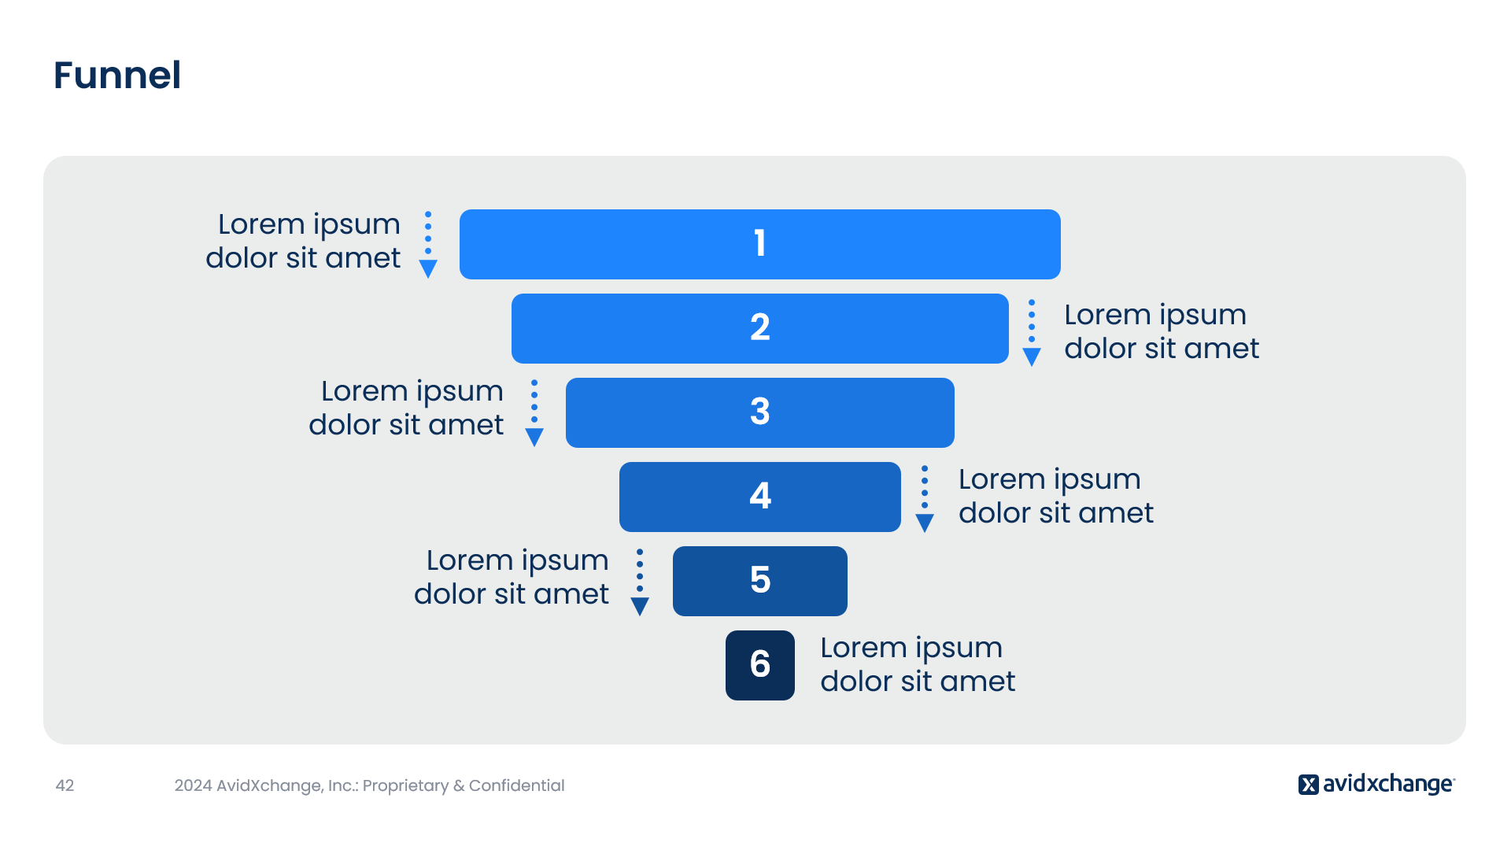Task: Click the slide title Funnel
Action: (117, 76)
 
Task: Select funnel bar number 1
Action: (760, 244)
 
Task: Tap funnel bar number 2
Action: (760, 328)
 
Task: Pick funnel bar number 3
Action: (760, 412)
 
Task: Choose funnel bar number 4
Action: (760, 497)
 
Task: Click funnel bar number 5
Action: (760, 581)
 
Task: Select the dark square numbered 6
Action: (760, 665)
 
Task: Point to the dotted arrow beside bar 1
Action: (428, 245)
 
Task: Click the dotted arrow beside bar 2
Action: (1032, 333)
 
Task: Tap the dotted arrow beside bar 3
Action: (534, 414)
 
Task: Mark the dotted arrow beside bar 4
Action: (925, 499)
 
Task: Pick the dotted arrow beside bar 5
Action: (640, 582)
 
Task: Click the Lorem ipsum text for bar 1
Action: (303, 241)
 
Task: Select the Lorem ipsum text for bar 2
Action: (1162, 331)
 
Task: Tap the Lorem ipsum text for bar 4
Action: (1056, 496)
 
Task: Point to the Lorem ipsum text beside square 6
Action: (918, 664)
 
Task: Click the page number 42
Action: (65, 785)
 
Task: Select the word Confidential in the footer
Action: (516, 785)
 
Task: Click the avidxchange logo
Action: (1376, 784)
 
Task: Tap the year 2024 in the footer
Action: (194, 785)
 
